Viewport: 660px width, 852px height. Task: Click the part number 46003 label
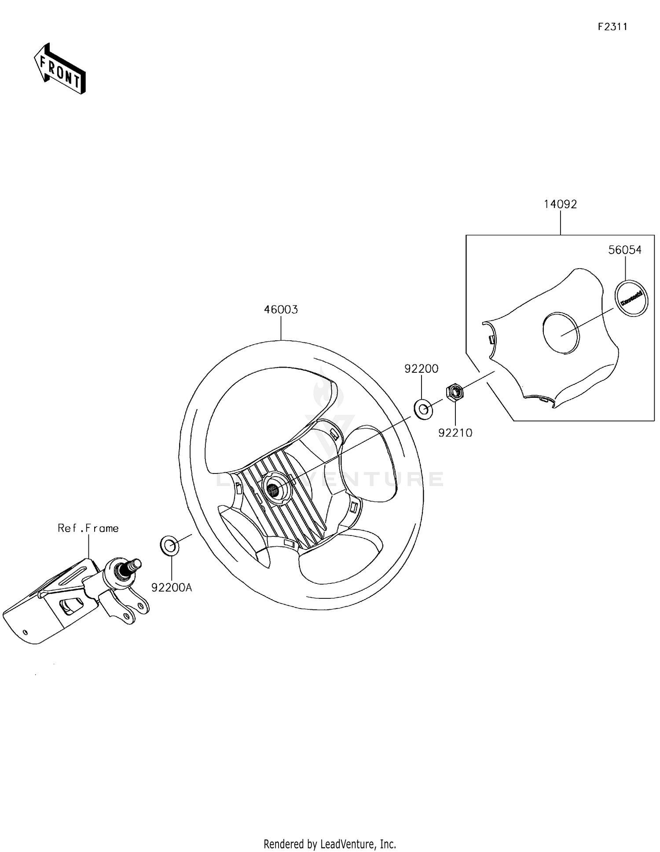pos(281,309)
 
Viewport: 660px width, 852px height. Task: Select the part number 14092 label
pos(560,204)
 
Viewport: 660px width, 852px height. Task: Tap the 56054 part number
pos(625,250)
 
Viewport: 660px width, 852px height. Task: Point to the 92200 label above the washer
pos(421,369)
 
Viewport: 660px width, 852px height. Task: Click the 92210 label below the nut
pos(455,433)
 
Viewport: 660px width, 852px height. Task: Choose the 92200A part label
pos(172,587)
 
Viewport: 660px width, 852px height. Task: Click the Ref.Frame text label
pos(88,528)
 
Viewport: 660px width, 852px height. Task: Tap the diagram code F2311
pos(612,27)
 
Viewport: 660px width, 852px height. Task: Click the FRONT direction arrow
pos(59,69)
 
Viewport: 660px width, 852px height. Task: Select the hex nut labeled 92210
pos(455,391)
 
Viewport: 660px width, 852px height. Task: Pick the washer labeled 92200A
pos(169,546)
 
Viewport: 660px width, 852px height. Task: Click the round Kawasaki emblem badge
pos(631,298)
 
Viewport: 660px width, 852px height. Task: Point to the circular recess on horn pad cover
pos(561,332)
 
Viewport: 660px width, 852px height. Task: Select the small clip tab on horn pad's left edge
pos(492,339)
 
